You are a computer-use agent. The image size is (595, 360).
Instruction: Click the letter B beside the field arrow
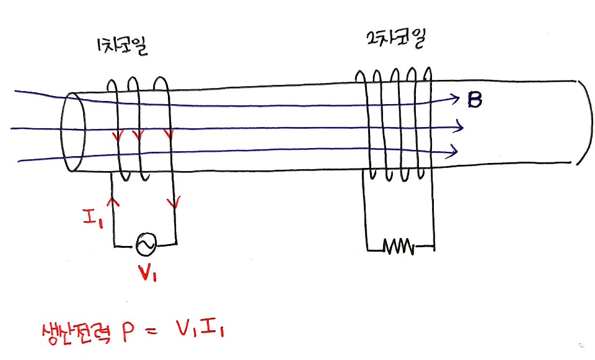click(475, 100)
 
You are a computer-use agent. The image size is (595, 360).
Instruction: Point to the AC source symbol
click(146, 245)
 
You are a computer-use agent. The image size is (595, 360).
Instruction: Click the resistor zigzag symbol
click(399, 248)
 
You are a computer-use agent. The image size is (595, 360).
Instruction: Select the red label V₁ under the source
click(147, 273)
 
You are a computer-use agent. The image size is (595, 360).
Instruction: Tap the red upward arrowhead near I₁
click(112, 202)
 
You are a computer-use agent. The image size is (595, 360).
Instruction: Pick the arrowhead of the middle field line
click(459, 128)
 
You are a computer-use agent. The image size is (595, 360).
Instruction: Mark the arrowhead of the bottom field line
click(456, 150)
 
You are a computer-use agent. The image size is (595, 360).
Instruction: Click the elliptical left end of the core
click(73, 131)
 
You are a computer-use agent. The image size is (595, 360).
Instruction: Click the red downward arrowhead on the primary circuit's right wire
click(177, 202)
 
